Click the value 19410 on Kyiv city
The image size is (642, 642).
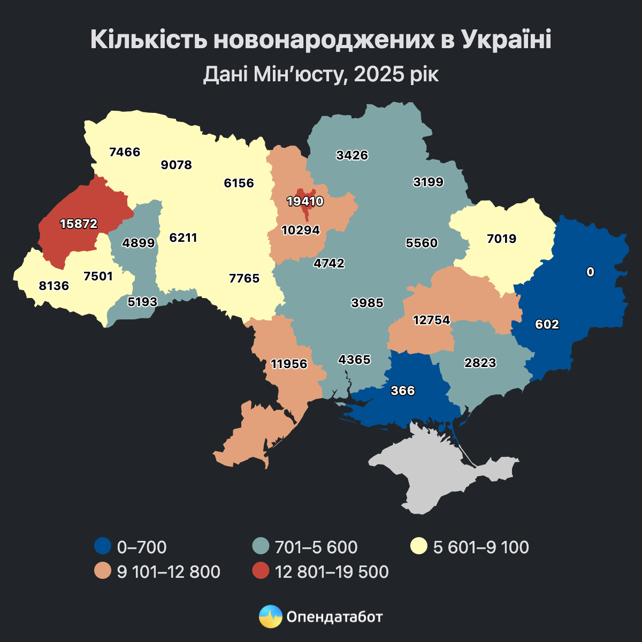point(305,202)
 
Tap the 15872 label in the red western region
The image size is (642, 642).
point(79,224)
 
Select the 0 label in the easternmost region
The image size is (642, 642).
point(590,272)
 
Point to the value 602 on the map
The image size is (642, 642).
point(547,324)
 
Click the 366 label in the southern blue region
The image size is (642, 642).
point(402,391)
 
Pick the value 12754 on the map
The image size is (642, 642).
point(432,320)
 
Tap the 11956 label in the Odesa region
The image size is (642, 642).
point(289,364)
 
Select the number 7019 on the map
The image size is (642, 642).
point(501,239)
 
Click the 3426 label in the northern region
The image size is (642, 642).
point(352,155)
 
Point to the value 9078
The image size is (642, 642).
point(176,165)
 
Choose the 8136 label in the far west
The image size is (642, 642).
point(54,286)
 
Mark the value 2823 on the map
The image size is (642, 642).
point(480,363)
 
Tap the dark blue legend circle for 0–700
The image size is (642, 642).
point(102,547)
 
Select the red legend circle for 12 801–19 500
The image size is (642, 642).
point(260,571)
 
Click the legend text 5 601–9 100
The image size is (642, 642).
point(480,547)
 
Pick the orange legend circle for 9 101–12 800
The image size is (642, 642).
point(102,571)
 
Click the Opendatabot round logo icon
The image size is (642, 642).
point(270,616)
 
